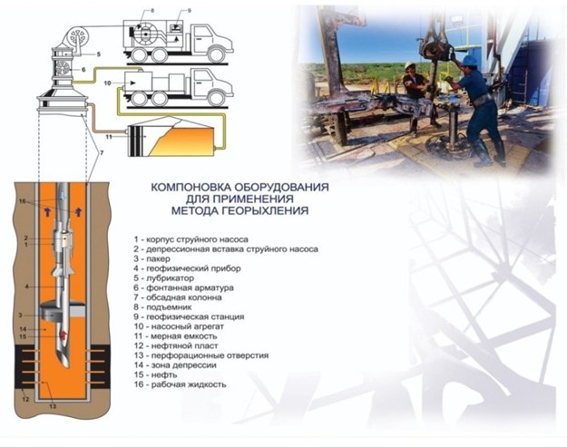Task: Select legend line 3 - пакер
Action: coord(152,258)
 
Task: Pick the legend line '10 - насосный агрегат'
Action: coord(179,326)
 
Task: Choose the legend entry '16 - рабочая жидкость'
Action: coord(180,384)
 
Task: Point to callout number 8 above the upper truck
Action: coord(152,11)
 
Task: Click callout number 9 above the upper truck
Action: coord(189,11)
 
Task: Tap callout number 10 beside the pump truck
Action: coord(107,83)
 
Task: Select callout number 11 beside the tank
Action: coord(109,137)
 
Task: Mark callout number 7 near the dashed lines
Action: coord(102,153)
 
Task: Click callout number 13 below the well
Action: coord(53,406)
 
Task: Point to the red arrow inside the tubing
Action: coord(64,335)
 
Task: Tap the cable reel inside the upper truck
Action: coord(146,34)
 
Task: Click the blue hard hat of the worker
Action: coord(470,60)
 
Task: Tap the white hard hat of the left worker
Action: coord(409,65)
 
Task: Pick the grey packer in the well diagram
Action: coord(62,311)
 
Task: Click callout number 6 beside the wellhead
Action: coord(83,70)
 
